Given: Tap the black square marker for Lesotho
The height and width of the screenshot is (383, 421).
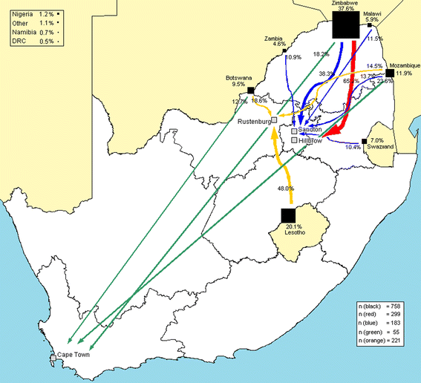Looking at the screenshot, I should (288, 215).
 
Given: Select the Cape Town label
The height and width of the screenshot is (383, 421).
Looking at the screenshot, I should (74, 356).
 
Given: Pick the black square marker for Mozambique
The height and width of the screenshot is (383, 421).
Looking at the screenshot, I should (390, 73).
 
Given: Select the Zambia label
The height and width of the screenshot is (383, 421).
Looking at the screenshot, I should (275, 38).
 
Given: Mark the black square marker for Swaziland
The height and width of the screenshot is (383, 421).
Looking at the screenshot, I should (364, 141).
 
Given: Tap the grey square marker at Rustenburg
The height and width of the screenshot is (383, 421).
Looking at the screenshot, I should (274, 120).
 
